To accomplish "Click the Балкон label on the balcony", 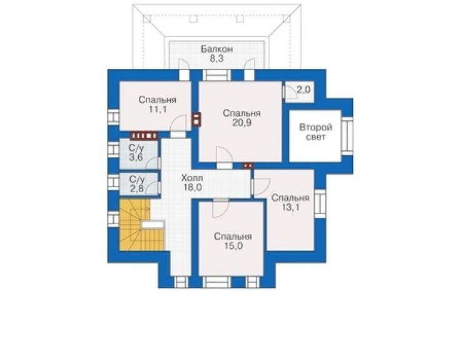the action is [x=216, y=49].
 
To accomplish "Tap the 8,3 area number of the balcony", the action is [x=216, y=58].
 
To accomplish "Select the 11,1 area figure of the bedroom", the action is [x=158, y=110].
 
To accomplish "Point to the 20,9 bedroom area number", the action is [x=242, y=122].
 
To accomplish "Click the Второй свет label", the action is [x=316, y=132].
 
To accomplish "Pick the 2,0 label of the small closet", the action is [x=303, y=89].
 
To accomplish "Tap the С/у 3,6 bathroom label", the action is [x=136, y=153].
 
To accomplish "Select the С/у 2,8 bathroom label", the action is [x=137, y=184].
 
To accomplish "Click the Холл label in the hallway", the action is [x=192, y=178].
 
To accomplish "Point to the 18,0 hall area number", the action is [x=192, y=187].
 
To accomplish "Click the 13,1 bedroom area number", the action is [x=290, y=207].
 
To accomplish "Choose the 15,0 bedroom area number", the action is [x=233, y=245].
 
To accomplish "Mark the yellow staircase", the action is [x=141, y=225].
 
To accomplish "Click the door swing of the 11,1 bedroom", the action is [x=179, y=122].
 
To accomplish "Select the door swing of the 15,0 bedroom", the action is [x=220, y=209].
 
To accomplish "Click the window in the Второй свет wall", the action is [x=347, y=136].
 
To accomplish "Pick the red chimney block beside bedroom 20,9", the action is [x=196, y=119].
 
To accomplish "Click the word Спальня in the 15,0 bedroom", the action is [x=233, y=237].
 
